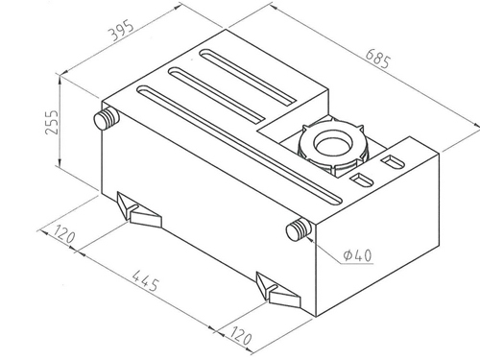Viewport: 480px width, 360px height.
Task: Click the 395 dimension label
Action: pos(121,31)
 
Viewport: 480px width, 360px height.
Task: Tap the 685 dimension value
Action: pos(378,59)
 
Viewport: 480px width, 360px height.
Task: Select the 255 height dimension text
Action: pos(52,122)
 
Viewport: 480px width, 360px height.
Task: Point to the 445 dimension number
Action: pos(145,280)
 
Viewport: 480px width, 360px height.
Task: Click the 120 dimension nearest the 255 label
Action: pos(64,234)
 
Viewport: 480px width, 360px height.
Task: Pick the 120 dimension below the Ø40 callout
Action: pos(241,335)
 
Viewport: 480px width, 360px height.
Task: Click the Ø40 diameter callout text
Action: pos(357,255)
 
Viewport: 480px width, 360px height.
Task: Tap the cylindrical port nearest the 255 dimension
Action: pos(107,118)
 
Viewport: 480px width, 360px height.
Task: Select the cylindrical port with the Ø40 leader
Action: pos(299,229)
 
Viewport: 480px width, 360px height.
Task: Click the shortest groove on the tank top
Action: pos(248,76)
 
